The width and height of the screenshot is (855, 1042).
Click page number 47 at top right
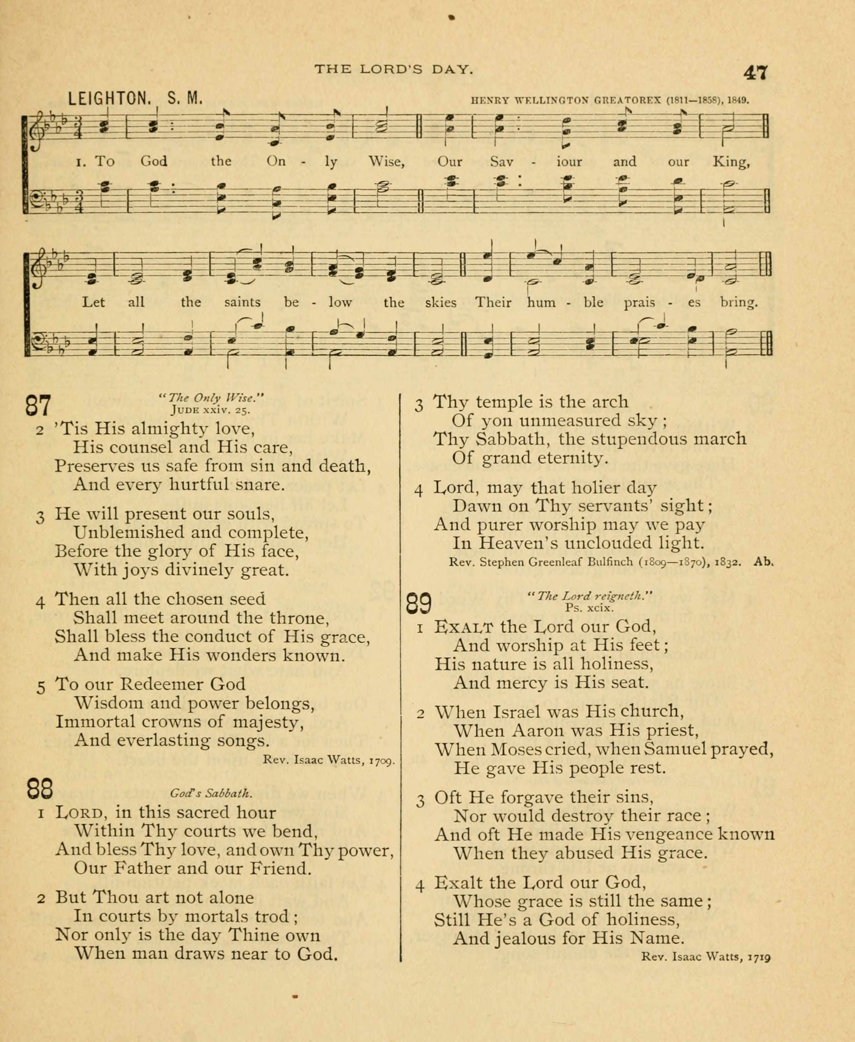[x=755, y=73]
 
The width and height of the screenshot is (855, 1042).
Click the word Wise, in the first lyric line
[x=387, y=162]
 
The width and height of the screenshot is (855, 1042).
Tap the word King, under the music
[x=731, y=162]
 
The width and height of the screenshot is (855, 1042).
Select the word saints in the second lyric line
[x=242, y=302]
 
